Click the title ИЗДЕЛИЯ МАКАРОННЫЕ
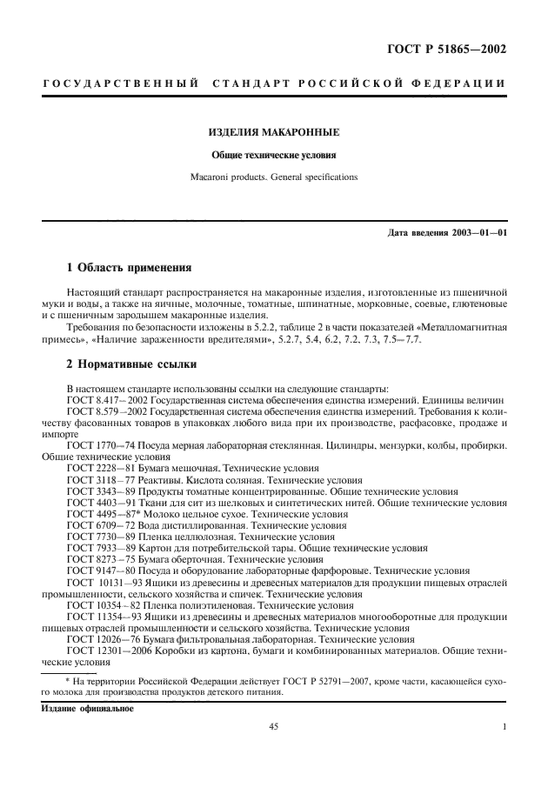point(273,132)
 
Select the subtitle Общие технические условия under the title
point(273,157)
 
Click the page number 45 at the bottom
point(273,728)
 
